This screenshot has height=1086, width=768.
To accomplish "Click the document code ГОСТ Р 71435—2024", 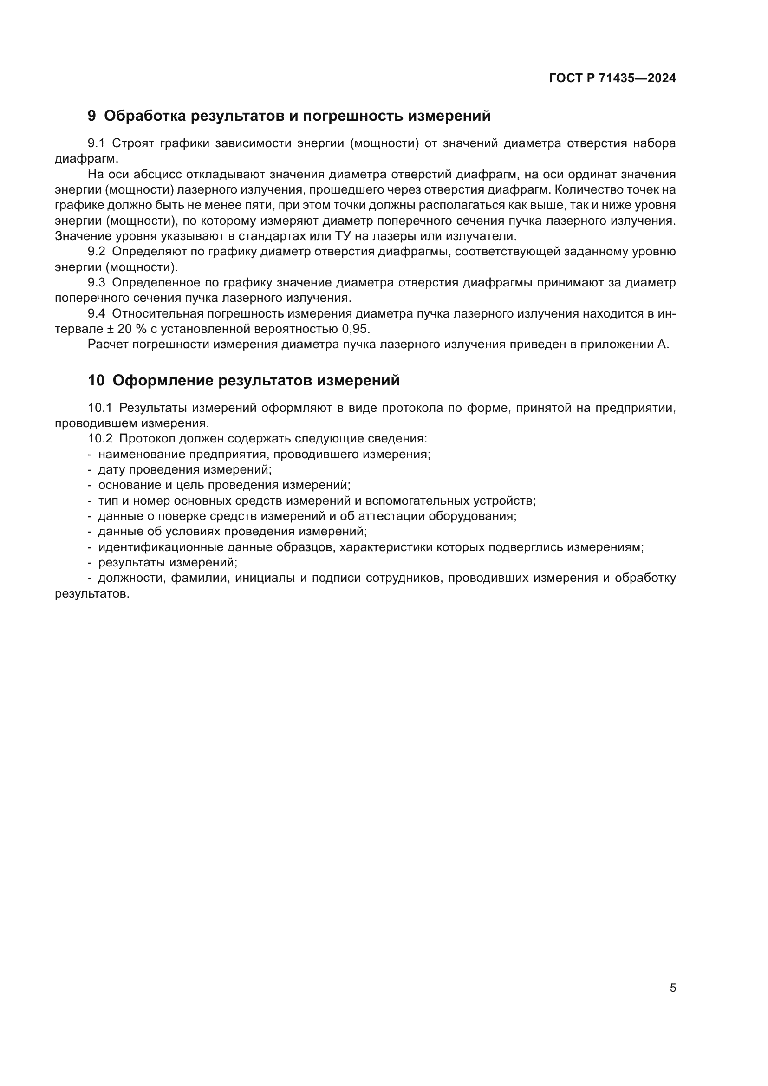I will [x=612, y=78].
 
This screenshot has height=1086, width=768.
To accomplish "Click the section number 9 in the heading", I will [x=92, y=116].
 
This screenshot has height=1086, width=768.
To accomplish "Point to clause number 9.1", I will [x=97, y=143].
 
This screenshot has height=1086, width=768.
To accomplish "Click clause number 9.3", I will [x=97, y=283].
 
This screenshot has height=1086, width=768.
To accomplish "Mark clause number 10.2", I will [x=100, y=438].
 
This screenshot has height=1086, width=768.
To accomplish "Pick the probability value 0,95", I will [x=356, y=329].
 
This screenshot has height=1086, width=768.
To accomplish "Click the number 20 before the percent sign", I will [x=125, y=329].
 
